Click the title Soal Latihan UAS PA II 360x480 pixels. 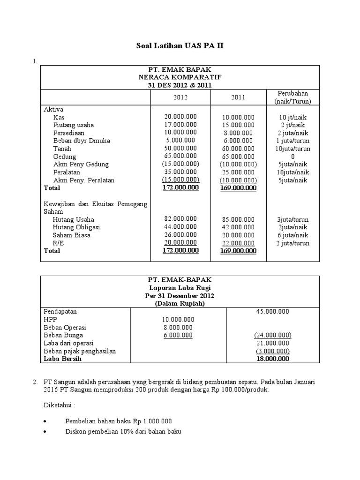pos(180,46)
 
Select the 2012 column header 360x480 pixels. pos(180,97)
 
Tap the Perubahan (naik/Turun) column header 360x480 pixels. pos(292,97)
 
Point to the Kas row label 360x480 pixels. pos(59,117)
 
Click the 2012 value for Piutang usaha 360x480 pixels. pos(180,125)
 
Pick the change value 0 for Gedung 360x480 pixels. pos(292,157)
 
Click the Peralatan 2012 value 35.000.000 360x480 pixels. pos(180,172)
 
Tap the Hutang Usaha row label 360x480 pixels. pos(73,219)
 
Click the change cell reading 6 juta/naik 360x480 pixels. pos(292,235)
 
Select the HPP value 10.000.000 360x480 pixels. pos(178,319)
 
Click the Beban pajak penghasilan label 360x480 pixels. pos(79,351)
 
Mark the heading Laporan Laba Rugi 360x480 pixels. pos(180,287)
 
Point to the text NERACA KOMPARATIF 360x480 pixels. pos(180,77)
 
